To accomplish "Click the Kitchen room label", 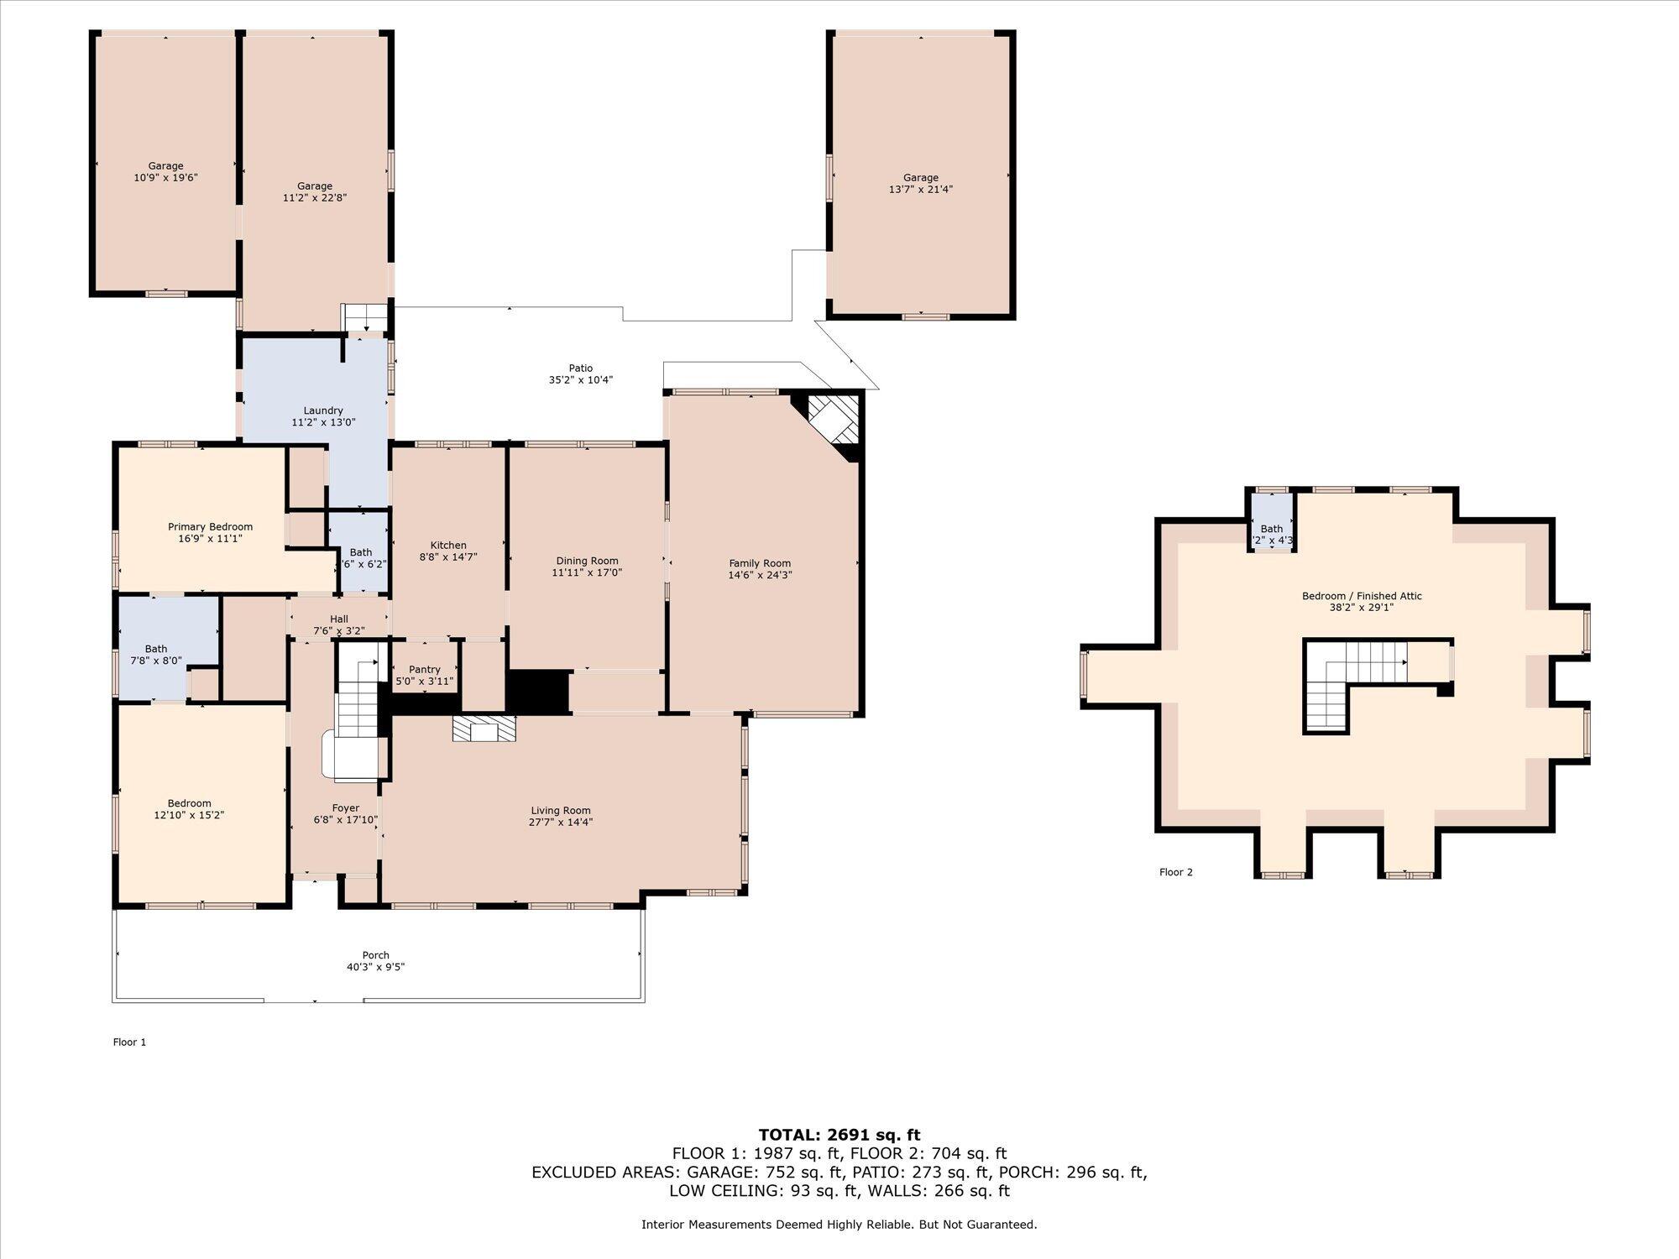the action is click(448, 546).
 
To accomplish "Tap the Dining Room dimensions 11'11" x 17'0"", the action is click(587, 572).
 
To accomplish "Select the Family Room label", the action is click(760, 563).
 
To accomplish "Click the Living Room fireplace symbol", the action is click(484, 728).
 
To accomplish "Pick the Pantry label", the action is click(425, 670).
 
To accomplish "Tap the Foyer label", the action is click(346, 808).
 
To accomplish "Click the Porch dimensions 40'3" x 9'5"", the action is click(376, 967).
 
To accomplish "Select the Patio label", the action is click(581, 368).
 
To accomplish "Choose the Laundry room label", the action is click(323, 410).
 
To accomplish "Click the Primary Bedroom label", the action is click(210, 527).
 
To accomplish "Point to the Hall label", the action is click(339, 619).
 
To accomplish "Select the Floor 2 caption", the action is click(1176, 872).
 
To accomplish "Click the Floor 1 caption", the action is click(130, 1042).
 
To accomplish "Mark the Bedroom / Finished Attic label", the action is click(1362, 596).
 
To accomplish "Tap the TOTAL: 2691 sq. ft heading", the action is click(839, 1136).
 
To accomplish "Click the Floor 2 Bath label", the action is click(1272, 529).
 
